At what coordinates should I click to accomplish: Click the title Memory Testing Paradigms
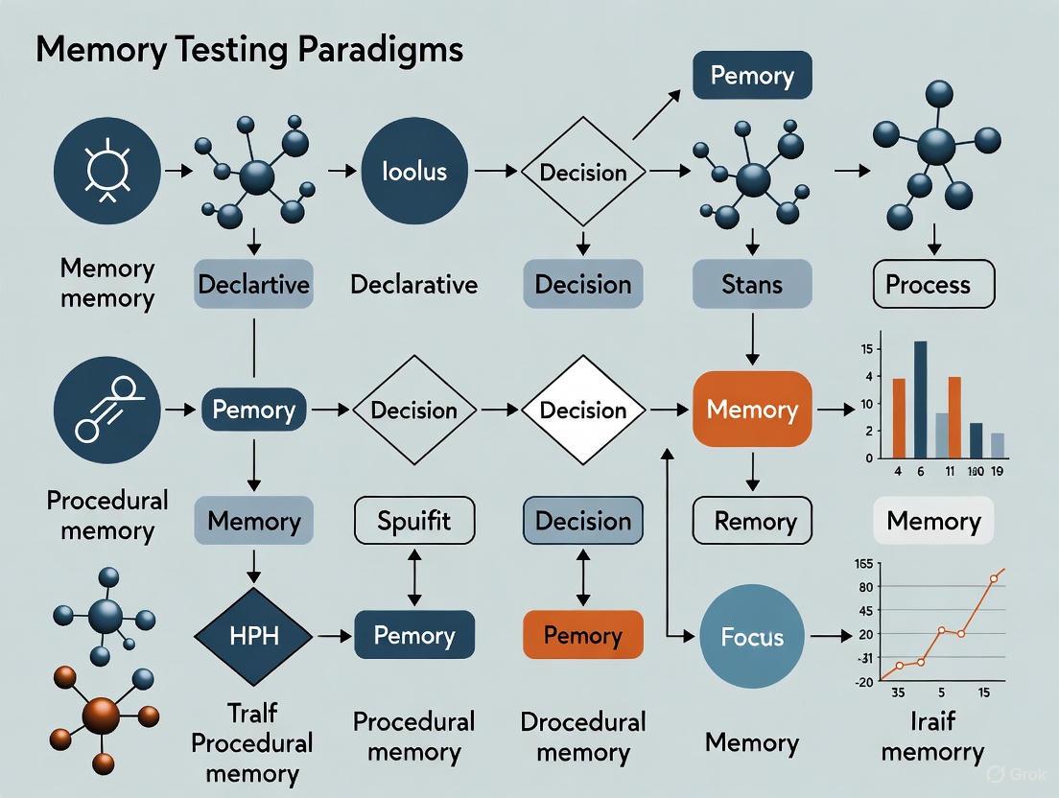pyautogui.click(x=249, y=50)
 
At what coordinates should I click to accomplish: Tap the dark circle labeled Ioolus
pyautogui.click(x=414, y=173)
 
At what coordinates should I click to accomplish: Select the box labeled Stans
pyautogui.click(x=752, y=284)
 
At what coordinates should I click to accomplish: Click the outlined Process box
pyautogui.click(x=928, y=284)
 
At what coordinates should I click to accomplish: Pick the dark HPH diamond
pyautogui.click(x=254, y=635)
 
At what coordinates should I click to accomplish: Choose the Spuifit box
pyautogui.click(x=415, y=521)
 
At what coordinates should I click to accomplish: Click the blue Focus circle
pyautogui.click(x=752, y=637)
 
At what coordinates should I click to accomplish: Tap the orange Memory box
pyautogui.click(x=752, y=410)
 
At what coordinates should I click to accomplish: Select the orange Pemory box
pyautogui.click(x=582, y=635)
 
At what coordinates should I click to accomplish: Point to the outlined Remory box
pyautogui.click(x=752, y=521)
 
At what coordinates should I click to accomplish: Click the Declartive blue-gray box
pyautogui.click(x=253, y=284)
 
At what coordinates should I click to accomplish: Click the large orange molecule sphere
pyautogui.click(x=102, y=715)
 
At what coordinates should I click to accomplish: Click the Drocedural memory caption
pyautogui.click(x=582, y=738)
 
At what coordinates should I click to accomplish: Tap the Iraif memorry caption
pyautogui.click(x=931, y=738)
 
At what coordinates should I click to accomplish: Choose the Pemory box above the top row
pyautogui.click(x=752, y=76)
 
